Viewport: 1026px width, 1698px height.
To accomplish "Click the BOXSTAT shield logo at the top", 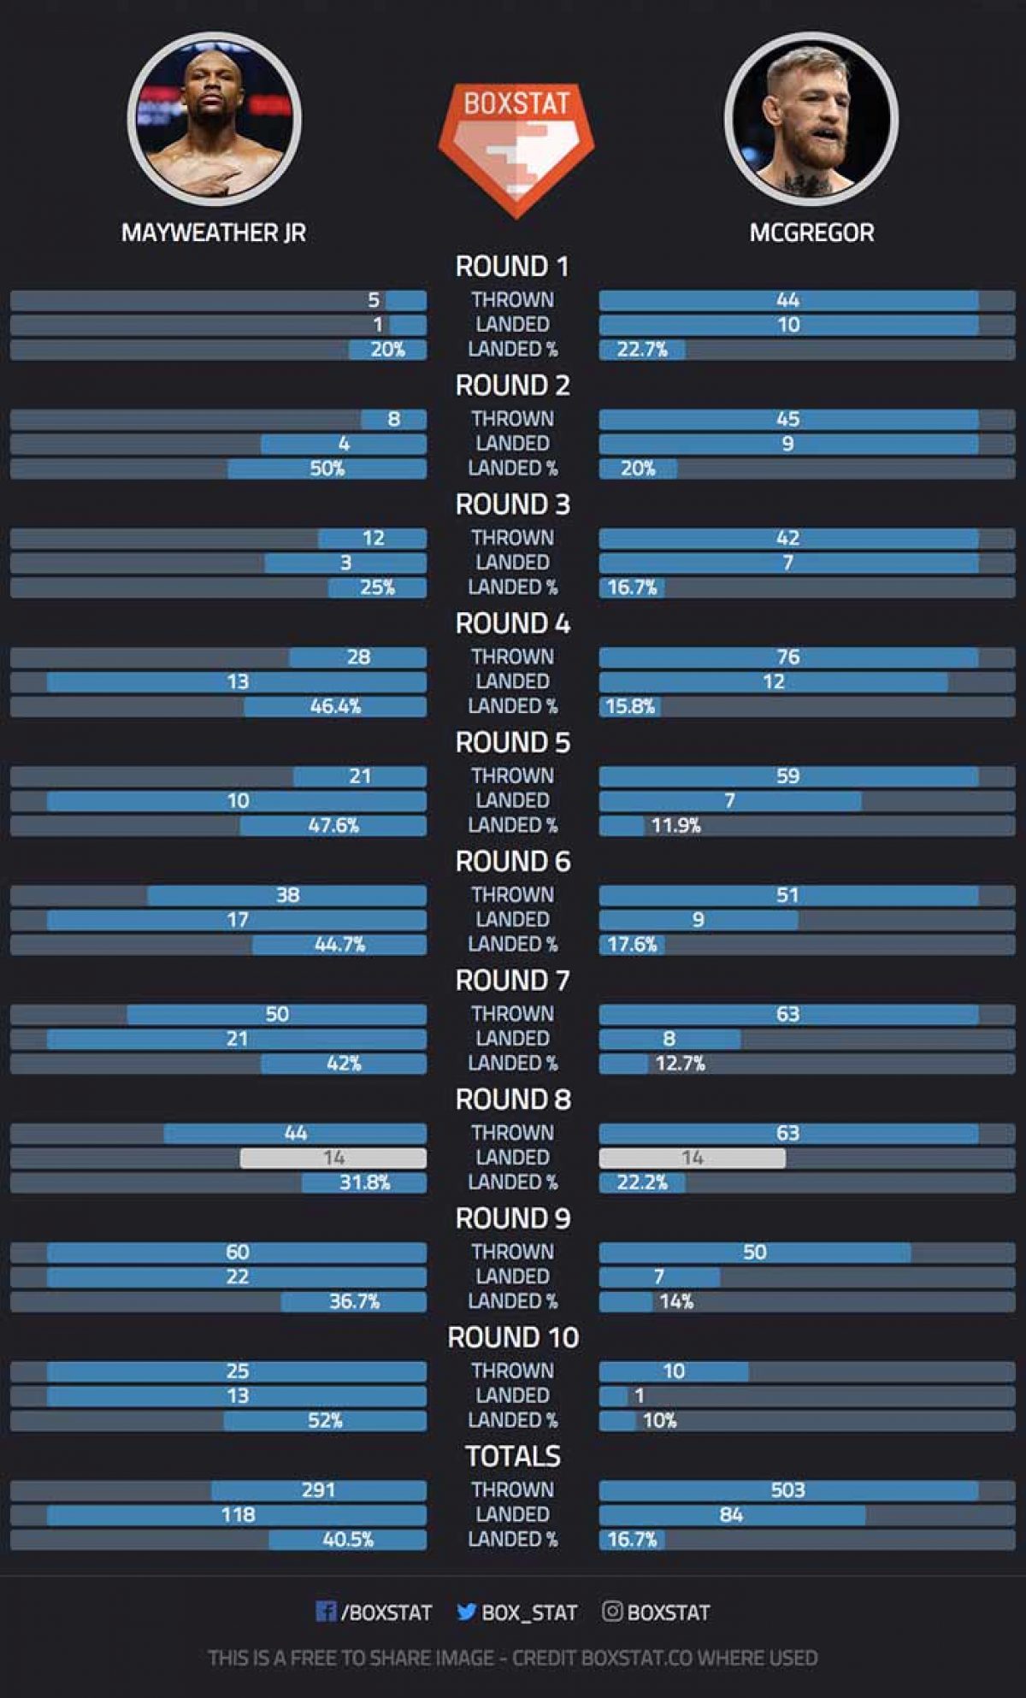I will click(516, 147).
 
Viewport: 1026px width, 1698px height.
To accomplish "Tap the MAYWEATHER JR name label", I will click(214, 233).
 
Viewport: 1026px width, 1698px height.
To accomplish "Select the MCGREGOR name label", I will click(811, 233).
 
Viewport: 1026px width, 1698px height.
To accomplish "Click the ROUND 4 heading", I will click(512, 623).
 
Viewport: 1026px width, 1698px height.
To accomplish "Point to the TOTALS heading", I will click(512, 1456).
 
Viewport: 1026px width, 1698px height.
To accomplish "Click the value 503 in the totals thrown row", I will click(787, 1490).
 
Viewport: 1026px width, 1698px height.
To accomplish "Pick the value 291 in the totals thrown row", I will click(318, 1490).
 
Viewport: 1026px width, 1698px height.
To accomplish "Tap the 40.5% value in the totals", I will click(348, 1540).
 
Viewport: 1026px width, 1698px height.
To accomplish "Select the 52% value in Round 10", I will click(325, 1421).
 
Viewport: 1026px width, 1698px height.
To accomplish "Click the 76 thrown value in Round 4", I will click(787, 657).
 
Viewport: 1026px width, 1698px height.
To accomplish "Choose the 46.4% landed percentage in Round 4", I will click(335, 706).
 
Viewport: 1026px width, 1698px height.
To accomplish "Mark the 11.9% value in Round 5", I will click(675, 825).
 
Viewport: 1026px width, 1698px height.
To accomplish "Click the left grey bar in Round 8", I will click(333, 1158).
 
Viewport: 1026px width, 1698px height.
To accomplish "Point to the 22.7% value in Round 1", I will click(641, 350).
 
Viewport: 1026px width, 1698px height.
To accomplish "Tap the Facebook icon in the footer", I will click(326, 1612).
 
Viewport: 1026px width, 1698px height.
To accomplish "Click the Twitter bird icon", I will click(466, 1612).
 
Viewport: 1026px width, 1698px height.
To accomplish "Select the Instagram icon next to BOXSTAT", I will click(612, 1612).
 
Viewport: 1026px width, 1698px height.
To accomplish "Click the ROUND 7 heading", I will click(512, 980).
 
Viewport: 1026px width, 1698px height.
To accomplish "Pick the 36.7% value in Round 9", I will click(354, 1301).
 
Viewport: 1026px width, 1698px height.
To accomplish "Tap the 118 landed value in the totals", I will click(238, 1515).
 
